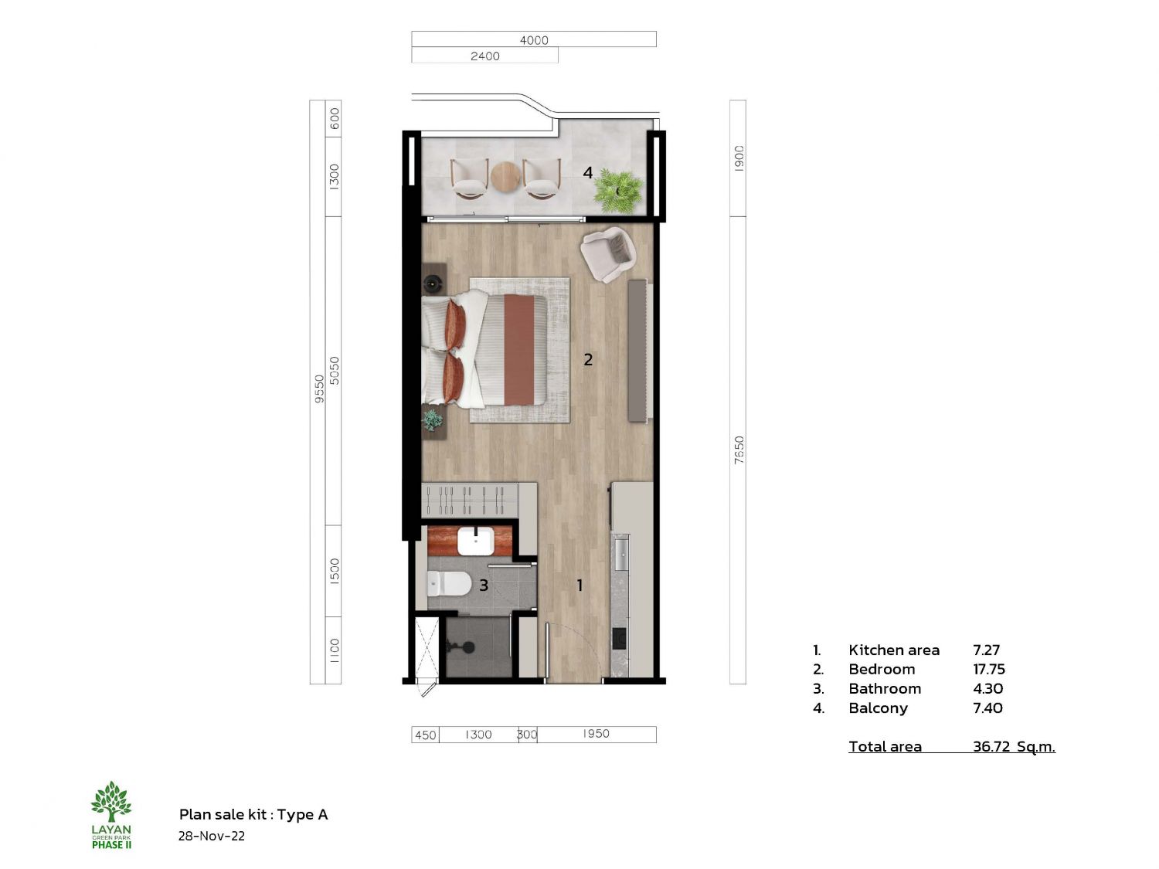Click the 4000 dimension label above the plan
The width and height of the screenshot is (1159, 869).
tap(534, 40)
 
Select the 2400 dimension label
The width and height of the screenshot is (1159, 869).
tap(484, 56)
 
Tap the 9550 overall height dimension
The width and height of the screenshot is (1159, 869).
tap(319, 389)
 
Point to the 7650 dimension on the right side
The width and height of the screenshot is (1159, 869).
tap(739, 450)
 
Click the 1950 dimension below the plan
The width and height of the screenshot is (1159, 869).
tap(596, 733)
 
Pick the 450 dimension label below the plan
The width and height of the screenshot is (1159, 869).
tap(426, 735)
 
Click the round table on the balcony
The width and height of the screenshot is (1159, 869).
tap(505, 178)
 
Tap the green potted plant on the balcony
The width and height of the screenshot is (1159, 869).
tap(618, 190)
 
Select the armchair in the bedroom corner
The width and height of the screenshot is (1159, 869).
tap(608, 254)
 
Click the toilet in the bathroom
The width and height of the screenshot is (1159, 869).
tap(449, 583)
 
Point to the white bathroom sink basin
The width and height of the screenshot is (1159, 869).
tap(475, 541)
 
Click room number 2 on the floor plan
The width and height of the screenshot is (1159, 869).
tap(588, 360)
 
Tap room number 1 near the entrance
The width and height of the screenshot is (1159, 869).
tap(579, 586)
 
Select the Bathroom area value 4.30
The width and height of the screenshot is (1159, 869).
tap(988, 688)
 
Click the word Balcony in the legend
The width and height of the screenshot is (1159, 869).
tap(878, 708)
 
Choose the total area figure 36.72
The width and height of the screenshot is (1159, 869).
tap(991, 747)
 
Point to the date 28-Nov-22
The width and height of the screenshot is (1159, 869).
tap(211, 836)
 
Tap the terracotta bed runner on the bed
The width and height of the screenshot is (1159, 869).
tap(519, 350)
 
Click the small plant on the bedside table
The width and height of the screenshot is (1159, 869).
tap(433, 420)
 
